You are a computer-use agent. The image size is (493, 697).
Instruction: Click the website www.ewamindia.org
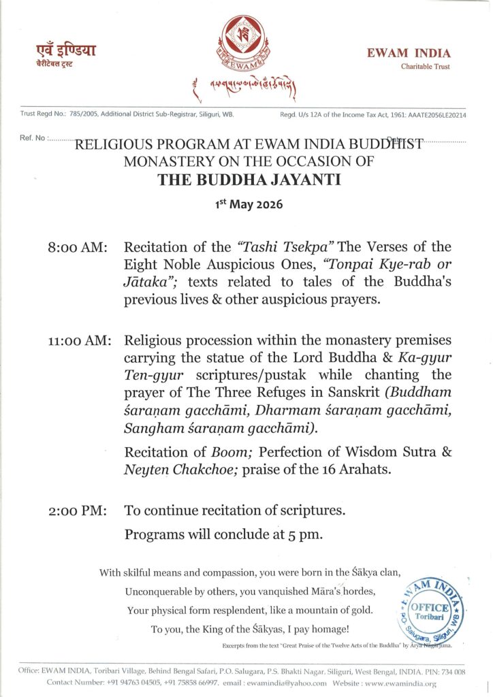388,682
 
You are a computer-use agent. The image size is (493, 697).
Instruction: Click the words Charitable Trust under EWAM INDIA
425,67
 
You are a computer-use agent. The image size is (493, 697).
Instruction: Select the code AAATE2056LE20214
437,114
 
